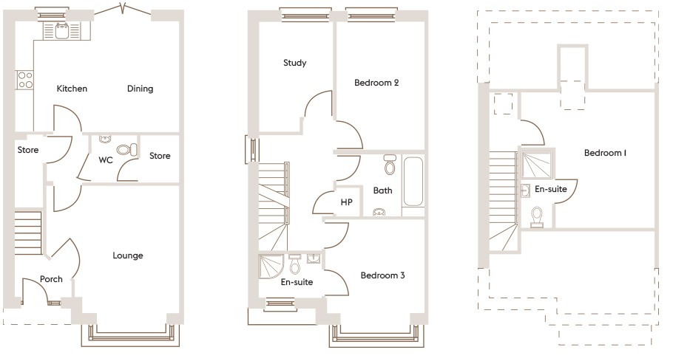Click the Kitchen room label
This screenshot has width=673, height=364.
pyautogui.click(x=72, y=89)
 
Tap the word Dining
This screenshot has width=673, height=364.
pyautogui.click(x=140, y=89)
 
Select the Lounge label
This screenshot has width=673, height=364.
pyautogui.click(x=127, y=255)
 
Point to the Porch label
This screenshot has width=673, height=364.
pyautogui.click(x=51, y=279)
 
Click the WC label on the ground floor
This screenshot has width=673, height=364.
pyautogui.click(x=106, y=160)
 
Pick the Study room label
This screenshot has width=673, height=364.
pyautogui.click(x=294, y=63)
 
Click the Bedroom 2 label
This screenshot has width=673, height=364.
pyautogui.click(x=376, y=83)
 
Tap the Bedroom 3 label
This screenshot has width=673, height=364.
pyautogui.click(x=382, y=275)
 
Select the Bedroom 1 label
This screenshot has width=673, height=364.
pyautogui.click(x=605, y=153)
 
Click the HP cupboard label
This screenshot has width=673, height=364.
pyautogui.click(x=346, y=202)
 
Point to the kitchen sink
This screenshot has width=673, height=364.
pyautogui.click(x=62, y=31)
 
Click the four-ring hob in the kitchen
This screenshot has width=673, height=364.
pyautogui.click(x=25, y=80)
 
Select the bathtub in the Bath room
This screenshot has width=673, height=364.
pyautogui.click(x=413, y=182)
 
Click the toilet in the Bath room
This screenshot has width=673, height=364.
pyautogui.click(x=390, y=165)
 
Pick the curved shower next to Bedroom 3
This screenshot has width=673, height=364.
pyautogui.click(x=271, y=267)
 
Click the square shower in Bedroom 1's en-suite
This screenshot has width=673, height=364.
pyautogui.click(x=536, y=165)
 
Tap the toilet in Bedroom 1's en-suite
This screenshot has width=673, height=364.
pyautogui.click(x=537, y=217)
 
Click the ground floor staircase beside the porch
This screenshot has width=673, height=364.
pyautogui.click(x=28, y=233)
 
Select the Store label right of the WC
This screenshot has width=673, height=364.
pyautogui.click(x=160, y=156)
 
